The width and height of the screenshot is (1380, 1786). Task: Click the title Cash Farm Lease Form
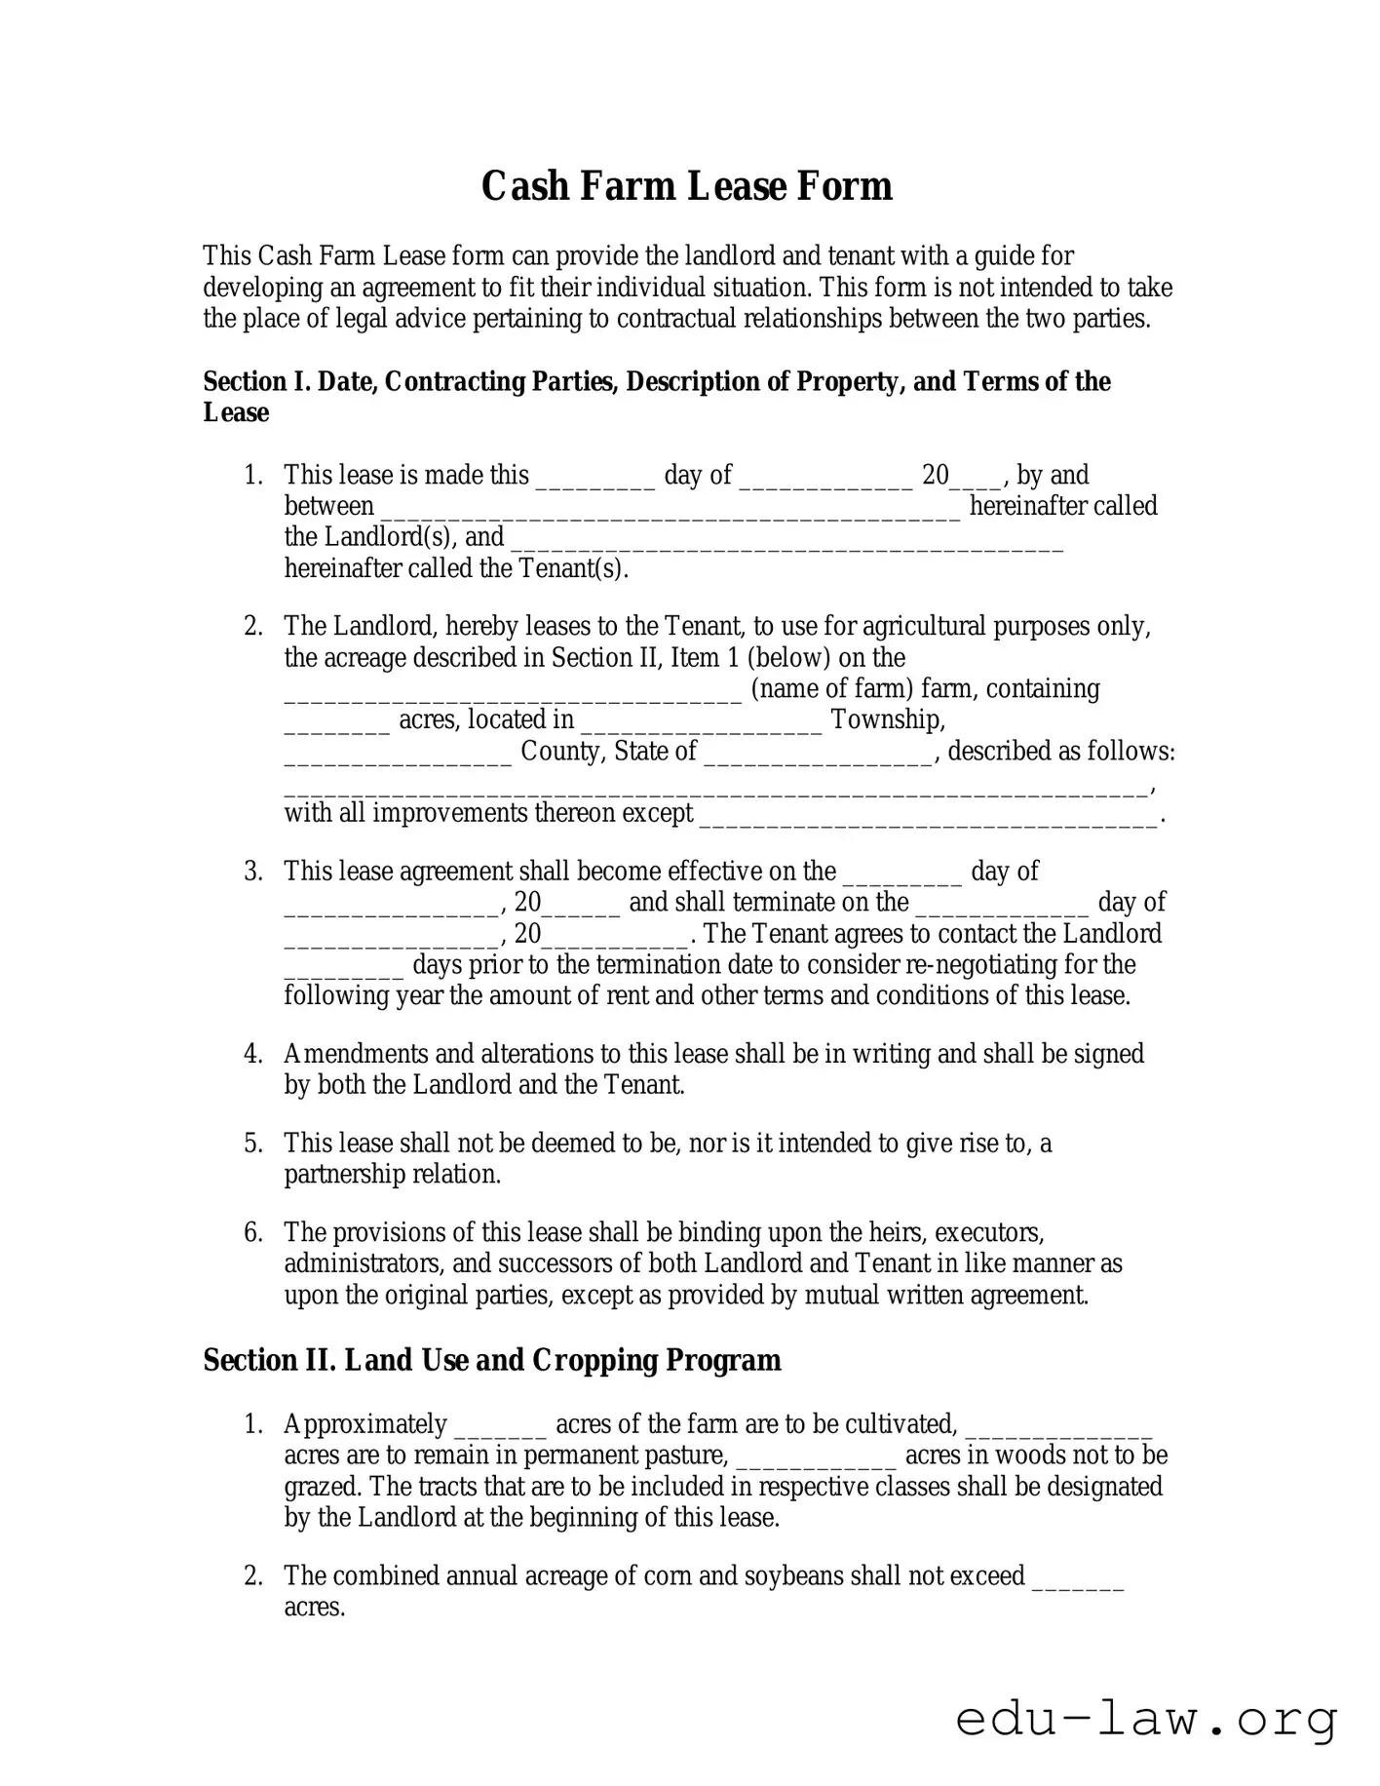click(x=686, y=186)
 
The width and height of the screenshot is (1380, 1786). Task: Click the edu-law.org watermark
click(x=1146, y=1720)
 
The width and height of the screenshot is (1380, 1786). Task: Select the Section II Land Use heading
click(x=491, y=1360)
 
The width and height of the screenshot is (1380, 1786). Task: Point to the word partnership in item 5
click(x=344, y=1175)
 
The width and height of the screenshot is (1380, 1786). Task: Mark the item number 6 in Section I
click(x=253, y=1232)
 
